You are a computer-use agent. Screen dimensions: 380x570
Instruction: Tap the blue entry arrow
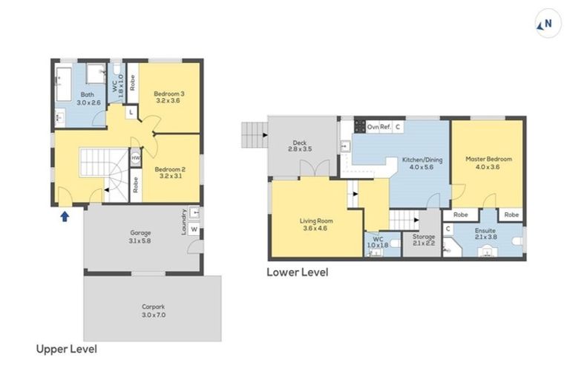[x=65, y=216]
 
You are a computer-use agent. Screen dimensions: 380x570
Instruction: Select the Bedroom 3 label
[x=169, y=97]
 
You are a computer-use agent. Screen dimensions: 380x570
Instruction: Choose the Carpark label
[x=154, y=309]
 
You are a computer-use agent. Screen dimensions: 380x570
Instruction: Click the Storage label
[x=424, y=240]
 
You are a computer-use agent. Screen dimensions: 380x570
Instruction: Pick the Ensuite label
[x=486, y=235]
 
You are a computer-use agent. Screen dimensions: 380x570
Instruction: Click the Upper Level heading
[x=67, y=349]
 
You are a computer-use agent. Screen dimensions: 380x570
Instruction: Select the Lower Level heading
[x=297, y=272]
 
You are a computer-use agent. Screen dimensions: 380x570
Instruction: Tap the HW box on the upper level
[x=136, y=158]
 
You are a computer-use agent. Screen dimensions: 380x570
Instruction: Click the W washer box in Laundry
[x=194, y=229]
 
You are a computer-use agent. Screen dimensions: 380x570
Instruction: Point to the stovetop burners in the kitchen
[x=360, y=126]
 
